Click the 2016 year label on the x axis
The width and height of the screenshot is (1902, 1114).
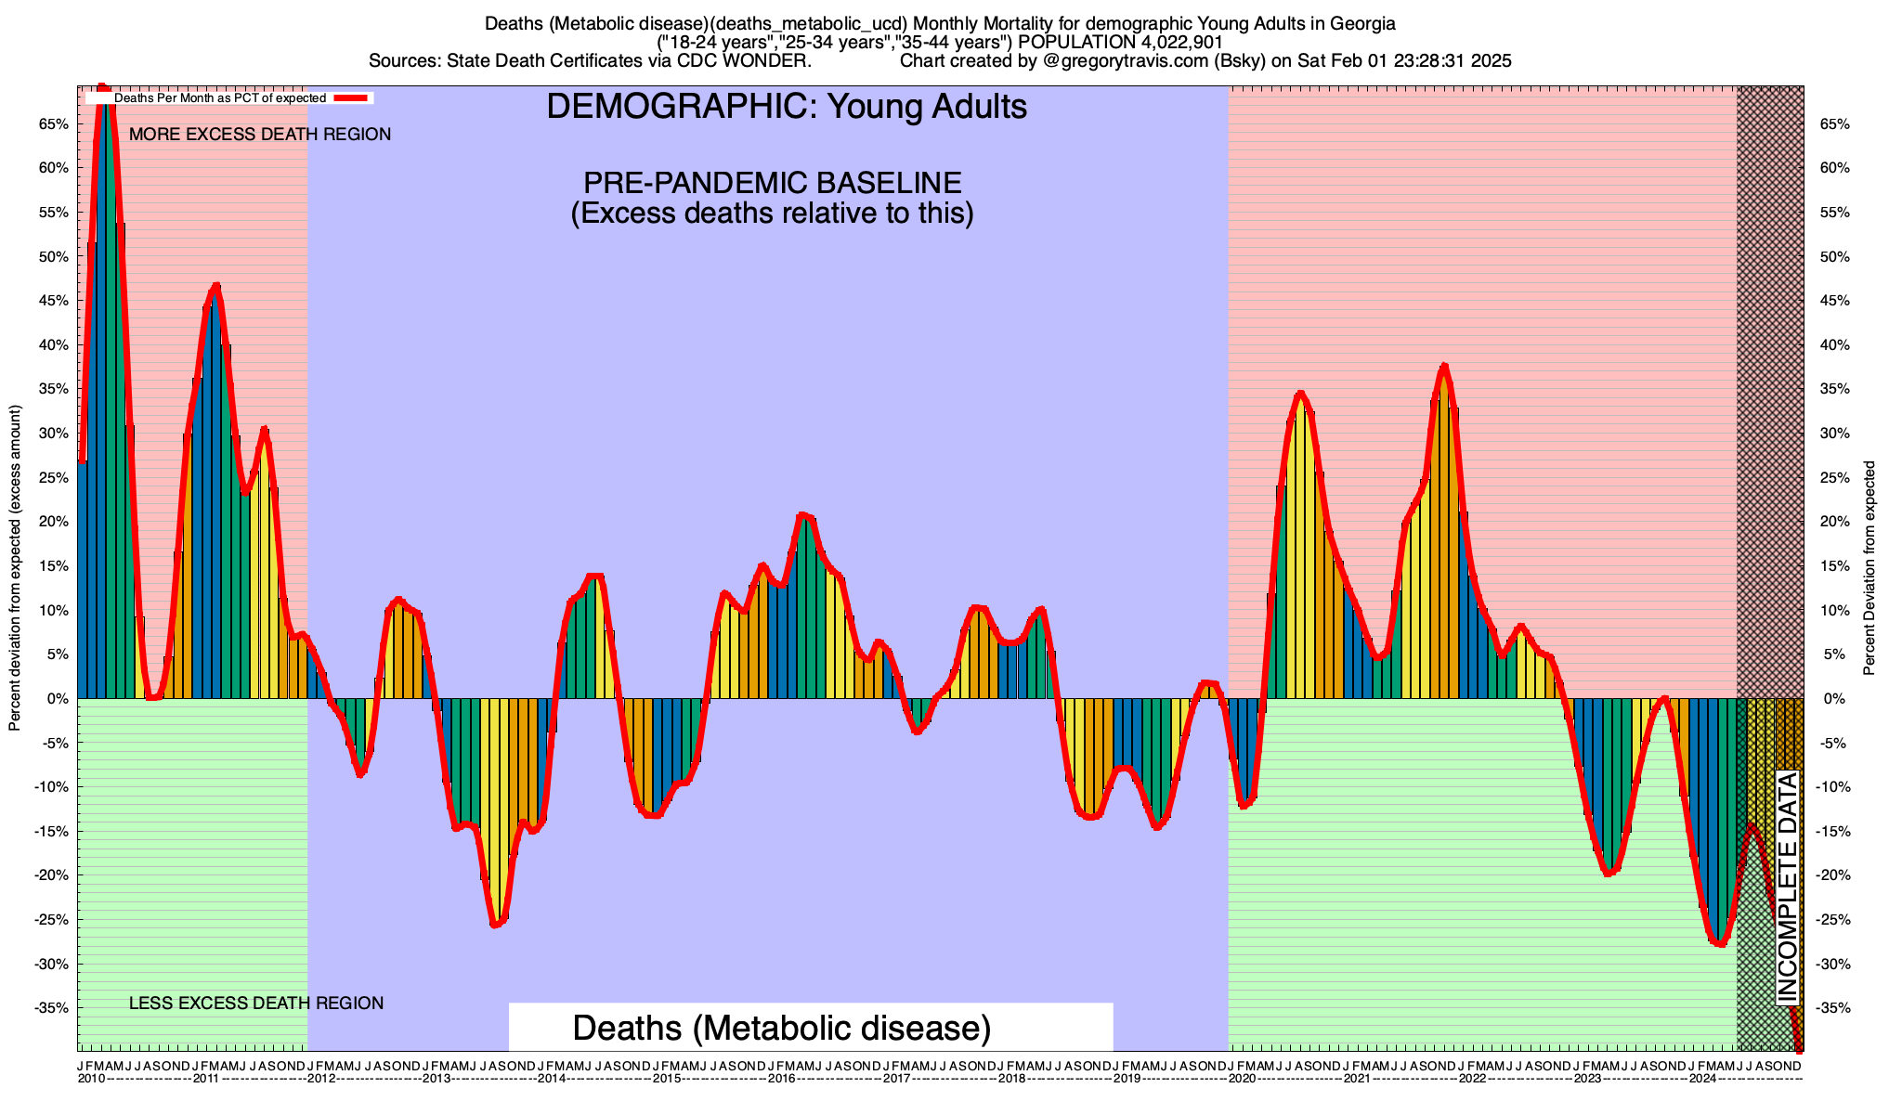[x=781, y=1079]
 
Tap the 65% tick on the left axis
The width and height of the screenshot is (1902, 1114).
[x=53, y=124]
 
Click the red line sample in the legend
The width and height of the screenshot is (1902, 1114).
[x=353, y=97]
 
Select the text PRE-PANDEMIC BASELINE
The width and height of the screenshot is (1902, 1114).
[x=772, y=182]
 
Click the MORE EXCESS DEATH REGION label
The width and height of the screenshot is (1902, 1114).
[x=260, y=135]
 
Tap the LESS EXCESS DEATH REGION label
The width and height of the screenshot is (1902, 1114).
[x=255, y=1004]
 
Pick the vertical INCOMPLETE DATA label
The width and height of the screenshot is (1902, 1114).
[x=1788, y=888]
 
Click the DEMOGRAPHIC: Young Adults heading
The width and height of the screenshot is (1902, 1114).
[x=787, y=107]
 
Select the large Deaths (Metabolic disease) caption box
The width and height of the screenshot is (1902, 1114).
[x=782, y=1028]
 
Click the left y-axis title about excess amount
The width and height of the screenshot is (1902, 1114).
[x=15, y=568]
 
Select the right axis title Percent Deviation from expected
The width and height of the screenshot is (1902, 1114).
[x=1869, y=568]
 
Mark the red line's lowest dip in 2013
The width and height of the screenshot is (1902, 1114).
[x=495, y=925]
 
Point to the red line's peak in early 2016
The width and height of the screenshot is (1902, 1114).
[x=803, y=514]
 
